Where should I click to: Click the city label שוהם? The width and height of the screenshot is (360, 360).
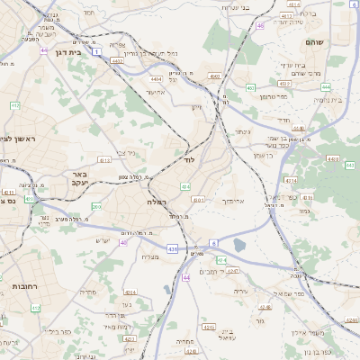pyautogui.click(x=326, y=42)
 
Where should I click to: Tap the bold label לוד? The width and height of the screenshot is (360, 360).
pyautogui.click(x=188, y=159)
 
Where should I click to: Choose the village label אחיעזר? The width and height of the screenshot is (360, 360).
pyautogui.click(x=157, y=91)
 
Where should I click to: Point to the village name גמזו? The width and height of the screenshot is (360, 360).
pyautogui.click(x=304, y=211)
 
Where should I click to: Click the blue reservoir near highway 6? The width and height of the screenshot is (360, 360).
pyautogui.click(x=239, y=245)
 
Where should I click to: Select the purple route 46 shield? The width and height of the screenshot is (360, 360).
pyautogui.click(x=260, y=26)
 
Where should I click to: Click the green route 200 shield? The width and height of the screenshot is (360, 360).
pyautogui.click(x=96, y=207)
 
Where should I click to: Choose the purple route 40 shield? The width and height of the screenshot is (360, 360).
pyautogui.click(x=123, y=242)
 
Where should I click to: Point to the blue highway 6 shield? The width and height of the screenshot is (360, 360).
pyautogui.click(x=214, y=242)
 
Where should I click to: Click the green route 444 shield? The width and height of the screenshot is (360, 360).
pyautogui.click(x=326, y=87)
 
